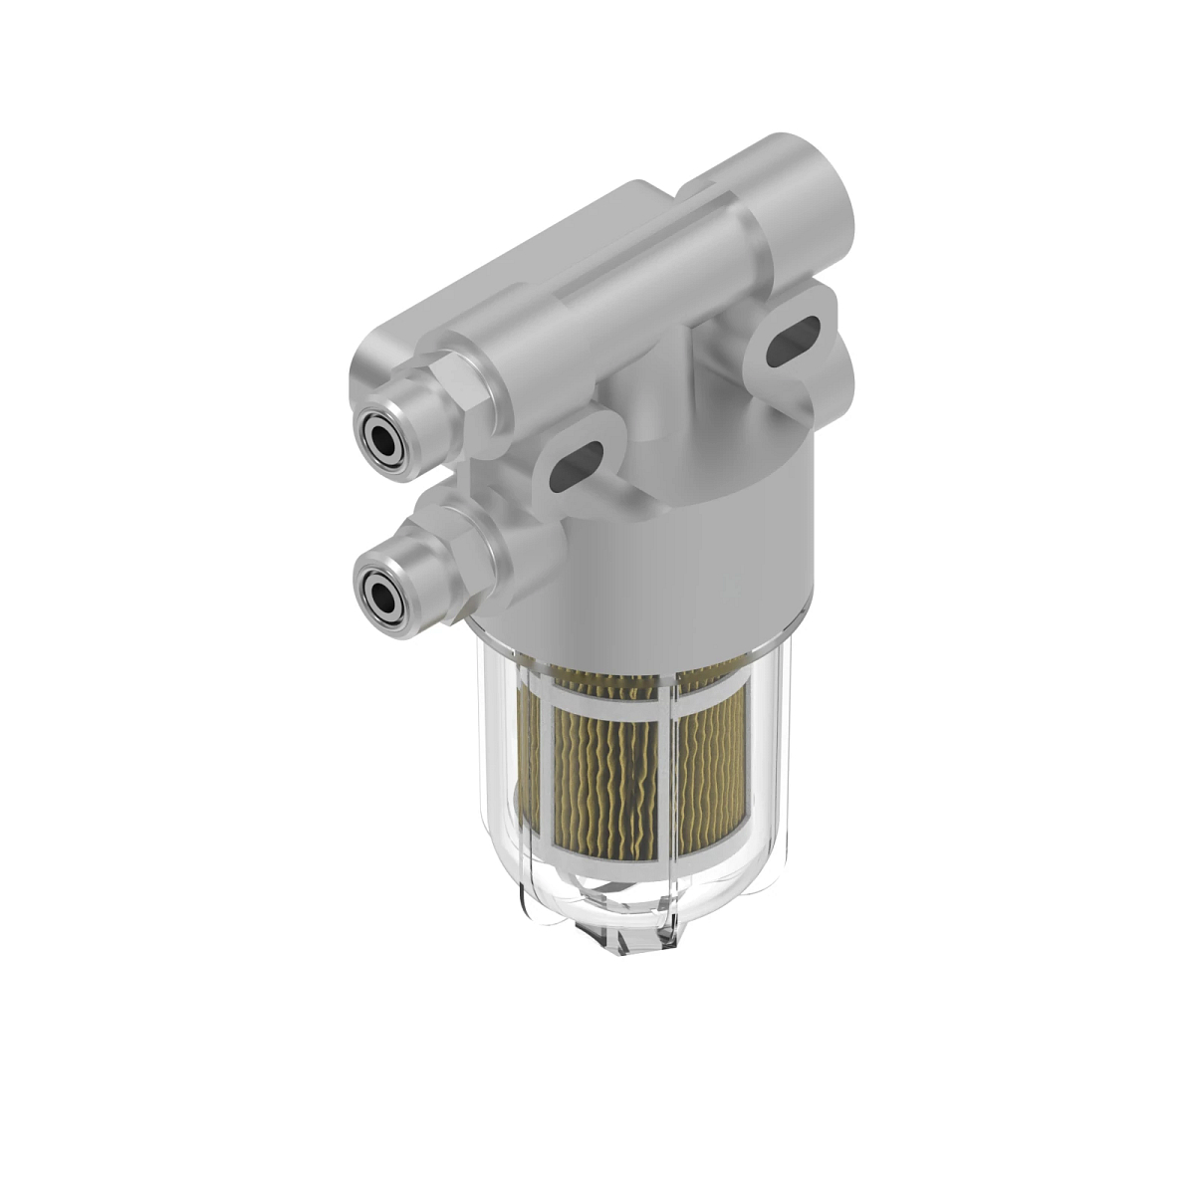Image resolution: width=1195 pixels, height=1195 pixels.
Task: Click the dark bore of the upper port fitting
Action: pos(380,438)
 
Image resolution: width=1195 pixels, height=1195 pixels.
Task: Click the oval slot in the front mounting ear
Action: pos(578,465)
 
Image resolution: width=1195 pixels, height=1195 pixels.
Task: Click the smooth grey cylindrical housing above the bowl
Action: pos(717,538)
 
